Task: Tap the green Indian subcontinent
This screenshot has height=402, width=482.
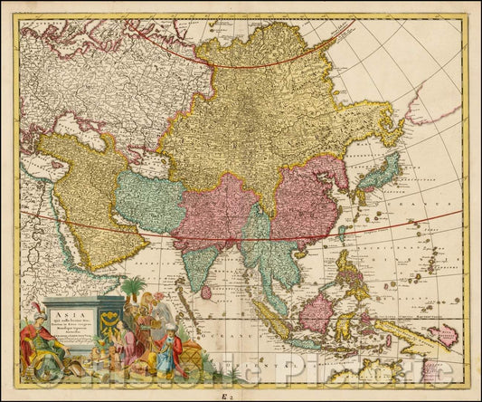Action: (203, 258)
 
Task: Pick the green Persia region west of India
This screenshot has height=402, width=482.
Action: (150, 205)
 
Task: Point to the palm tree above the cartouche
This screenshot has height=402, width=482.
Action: (133, 290)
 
